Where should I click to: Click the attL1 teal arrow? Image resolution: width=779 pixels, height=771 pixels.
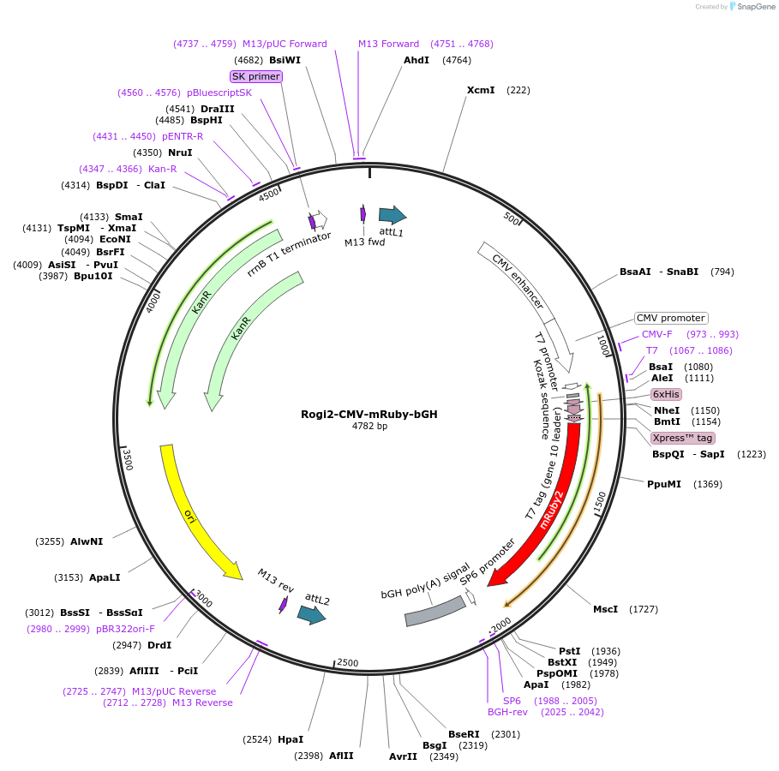[392, 215]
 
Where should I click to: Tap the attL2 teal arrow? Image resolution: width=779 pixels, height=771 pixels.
[310, 613]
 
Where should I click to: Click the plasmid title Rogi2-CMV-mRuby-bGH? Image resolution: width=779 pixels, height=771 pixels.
[369, 414]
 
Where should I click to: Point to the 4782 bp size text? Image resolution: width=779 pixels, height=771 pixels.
[369, 426]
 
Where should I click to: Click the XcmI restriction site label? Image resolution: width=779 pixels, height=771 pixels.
[481, 90]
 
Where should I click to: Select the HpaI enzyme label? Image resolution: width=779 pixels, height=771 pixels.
[291, 739]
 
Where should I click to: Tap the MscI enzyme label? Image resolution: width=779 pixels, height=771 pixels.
[605, 609]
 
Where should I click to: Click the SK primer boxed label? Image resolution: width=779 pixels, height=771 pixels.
[255, 76]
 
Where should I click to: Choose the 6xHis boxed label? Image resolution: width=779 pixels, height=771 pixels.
[666, 394]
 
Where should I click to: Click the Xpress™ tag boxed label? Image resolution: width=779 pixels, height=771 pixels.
[683, 438]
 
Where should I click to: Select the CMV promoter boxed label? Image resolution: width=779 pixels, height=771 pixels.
[671, 318]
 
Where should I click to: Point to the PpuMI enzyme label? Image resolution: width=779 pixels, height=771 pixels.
[664, 484]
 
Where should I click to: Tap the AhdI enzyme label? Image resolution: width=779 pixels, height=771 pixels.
[416, 60]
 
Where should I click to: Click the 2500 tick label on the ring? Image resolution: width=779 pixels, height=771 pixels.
[348, 663]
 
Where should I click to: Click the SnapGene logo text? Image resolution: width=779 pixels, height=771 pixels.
[753, 6]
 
